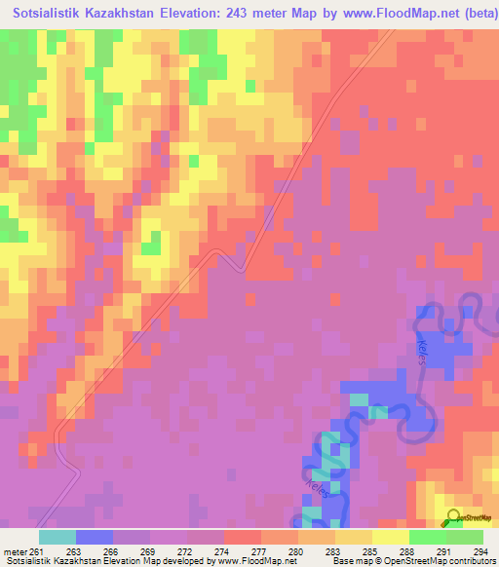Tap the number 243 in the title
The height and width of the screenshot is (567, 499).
click(256, 13)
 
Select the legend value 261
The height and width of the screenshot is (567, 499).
click(37, 551)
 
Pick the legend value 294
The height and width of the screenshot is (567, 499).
click(481, 551)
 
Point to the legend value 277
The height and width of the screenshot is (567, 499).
click(260, 551)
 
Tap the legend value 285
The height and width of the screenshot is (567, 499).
click(372, 551)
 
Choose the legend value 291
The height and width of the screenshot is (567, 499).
click(444, 551)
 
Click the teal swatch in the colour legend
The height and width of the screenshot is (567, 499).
click(58, 537)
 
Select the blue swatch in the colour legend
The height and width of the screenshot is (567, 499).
click(95, 537)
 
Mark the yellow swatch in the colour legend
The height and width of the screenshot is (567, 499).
click(391, 537)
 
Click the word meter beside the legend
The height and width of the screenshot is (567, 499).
click(14, 551)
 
